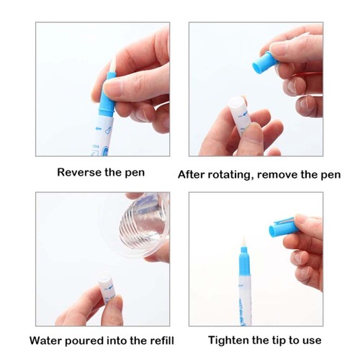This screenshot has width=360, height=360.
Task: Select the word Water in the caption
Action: tap(45, 341)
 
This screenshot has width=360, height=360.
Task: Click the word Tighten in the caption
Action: tap(229, 341)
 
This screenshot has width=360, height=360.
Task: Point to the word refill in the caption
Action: tap(162, 341)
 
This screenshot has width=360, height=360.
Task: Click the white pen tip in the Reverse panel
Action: tap(112, 65)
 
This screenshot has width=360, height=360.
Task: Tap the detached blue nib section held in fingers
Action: tap(264, 63)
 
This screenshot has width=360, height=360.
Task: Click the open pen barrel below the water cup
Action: tap(107, 287)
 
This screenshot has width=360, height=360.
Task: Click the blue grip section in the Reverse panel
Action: tap(107, 96)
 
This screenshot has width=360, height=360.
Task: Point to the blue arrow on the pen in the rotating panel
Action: tap(245, 114)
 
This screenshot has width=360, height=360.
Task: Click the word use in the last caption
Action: tap(312, 341)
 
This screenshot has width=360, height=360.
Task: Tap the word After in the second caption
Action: tap(192, 175)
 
